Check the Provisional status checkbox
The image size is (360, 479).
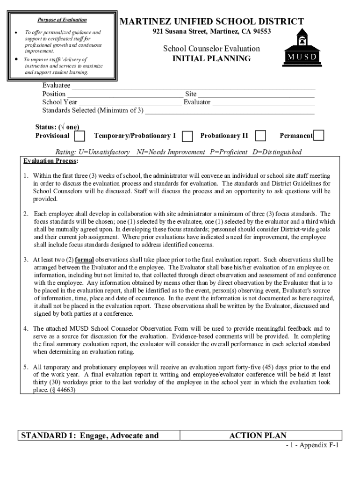[x=80, y=136]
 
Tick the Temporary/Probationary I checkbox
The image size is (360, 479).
[x=187, y=136]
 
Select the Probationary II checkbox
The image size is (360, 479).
[x=260, y=136]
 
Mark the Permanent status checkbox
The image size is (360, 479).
[x=319, y=135]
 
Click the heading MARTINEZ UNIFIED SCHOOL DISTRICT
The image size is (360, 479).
[x=212, y=22]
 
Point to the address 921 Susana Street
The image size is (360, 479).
[x=211, y=32]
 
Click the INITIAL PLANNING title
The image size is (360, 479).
[x=211, y=59]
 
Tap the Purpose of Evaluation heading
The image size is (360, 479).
[x=62, y=20]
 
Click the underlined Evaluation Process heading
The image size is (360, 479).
[x=51, y=161]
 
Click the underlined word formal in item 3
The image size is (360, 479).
[x=84, y=260]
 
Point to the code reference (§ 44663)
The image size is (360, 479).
[x=62, y=390]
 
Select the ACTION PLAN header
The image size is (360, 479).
[x=258, y=435]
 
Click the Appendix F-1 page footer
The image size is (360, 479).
[x=313, y=445]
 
